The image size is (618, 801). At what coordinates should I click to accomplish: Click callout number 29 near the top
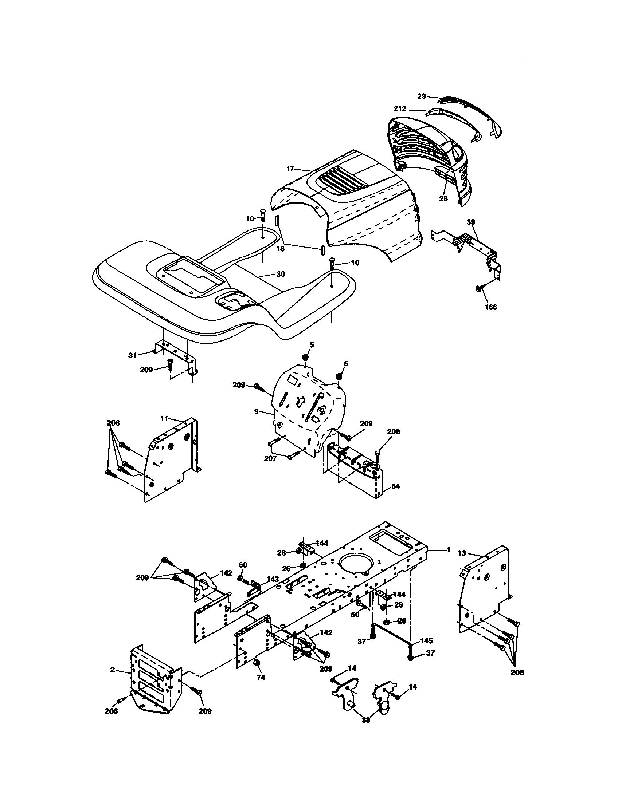[x=421, y=96]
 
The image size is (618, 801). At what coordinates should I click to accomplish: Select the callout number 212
[x=400, y=108]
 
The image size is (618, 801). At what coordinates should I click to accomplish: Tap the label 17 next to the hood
[x=290, y=169]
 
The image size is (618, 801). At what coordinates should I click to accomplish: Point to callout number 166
[x=491, y=307]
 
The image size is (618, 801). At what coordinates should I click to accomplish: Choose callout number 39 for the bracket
[x=471, y=222]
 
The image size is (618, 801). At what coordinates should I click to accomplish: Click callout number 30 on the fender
[x=280, y=274]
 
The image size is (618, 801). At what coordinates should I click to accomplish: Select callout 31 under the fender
[x=133, y=355]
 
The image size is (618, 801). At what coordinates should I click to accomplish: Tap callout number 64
[x=396, y=486]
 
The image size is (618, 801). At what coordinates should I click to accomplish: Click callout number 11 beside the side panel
[x=164, y=418]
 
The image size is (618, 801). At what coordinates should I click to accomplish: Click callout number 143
[x=273, y=579]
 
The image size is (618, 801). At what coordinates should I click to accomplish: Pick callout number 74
[x=261, y=678]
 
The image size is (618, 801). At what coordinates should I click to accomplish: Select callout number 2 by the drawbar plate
[x=112, y=669]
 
